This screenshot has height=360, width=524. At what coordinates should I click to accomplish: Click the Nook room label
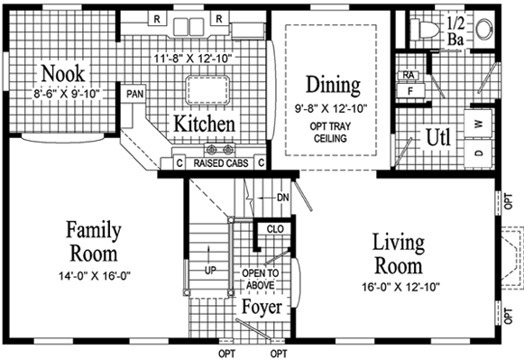coord(63,73)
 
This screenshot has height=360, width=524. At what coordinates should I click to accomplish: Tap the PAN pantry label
coord(135,94)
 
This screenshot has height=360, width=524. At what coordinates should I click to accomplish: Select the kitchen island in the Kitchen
coord(207,90)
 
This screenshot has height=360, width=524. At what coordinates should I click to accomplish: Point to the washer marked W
coord(478,124)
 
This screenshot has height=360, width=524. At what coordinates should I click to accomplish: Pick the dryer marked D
coord(479,153)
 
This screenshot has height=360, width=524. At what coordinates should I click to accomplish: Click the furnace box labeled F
coord(410,90)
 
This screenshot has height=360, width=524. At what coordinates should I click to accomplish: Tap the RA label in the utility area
coord(408,75)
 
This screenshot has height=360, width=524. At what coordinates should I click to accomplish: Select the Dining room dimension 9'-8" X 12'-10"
coord(331,108)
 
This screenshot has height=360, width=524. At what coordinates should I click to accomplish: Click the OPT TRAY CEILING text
coord(330,132)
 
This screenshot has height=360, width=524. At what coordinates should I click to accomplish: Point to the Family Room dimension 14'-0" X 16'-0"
coord(95,276)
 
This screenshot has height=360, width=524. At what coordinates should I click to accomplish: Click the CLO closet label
coord(275,229)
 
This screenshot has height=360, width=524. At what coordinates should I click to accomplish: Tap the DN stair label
coord(282,198)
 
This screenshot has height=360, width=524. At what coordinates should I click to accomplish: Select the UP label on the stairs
coord(210,270)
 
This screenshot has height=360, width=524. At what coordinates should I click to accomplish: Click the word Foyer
coord(262,307)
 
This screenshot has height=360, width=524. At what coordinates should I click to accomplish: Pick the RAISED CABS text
coord(221,163)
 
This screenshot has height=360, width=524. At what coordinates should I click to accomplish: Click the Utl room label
coord(438,137)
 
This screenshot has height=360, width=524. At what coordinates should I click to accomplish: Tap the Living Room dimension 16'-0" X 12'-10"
coord(401,287)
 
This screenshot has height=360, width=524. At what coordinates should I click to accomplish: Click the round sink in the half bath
coord(484,28)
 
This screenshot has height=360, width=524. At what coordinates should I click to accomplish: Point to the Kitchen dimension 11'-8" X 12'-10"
coord(193,58)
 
